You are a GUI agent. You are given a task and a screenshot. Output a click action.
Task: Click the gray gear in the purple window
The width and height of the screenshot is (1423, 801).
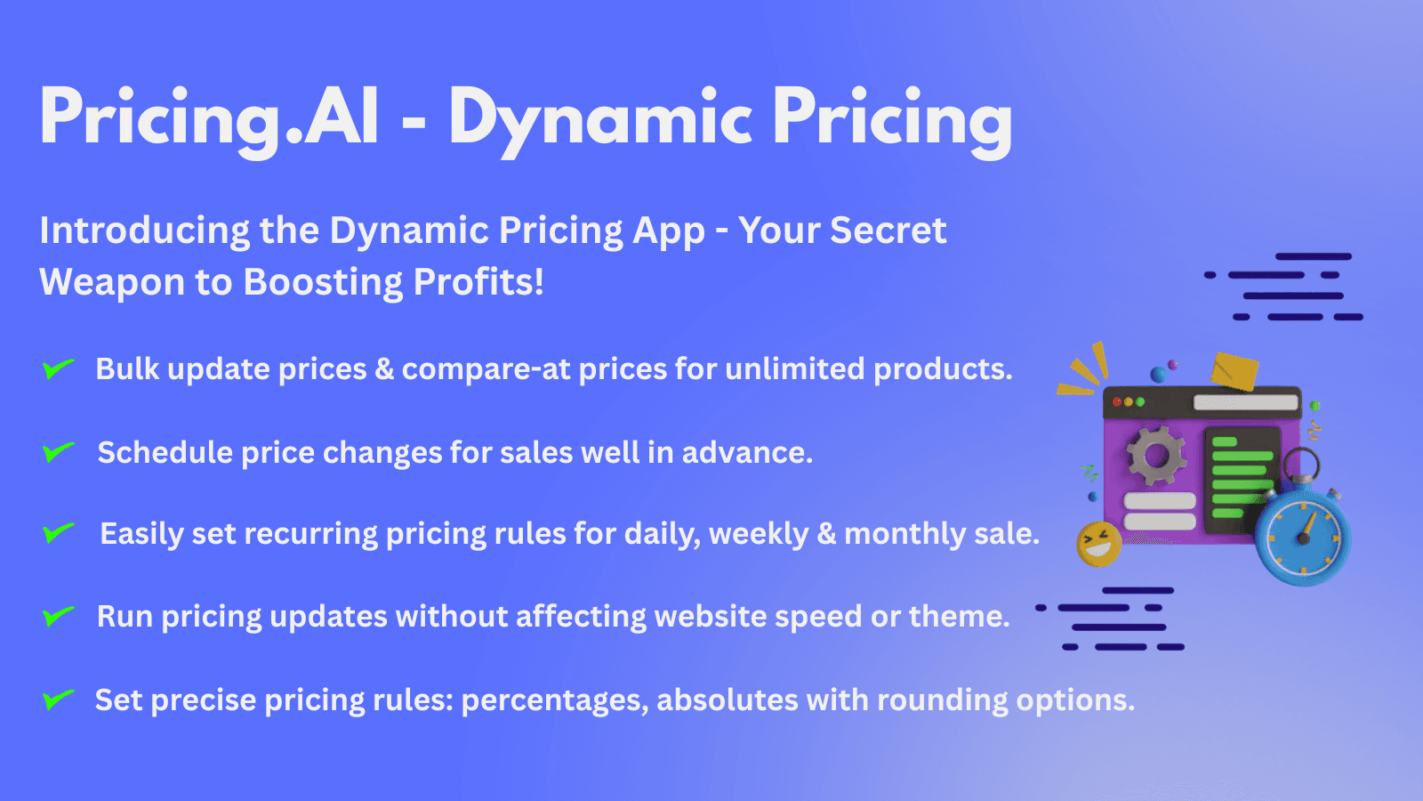1156,456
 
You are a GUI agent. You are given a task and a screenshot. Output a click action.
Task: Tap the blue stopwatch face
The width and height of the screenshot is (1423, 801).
1303,538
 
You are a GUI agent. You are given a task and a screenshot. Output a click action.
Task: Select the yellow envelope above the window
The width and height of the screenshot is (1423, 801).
1234,371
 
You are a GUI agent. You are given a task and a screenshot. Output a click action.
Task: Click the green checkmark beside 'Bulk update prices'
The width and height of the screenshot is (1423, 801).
58,368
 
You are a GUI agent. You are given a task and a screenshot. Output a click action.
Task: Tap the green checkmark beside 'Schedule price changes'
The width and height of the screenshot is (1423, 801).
58,452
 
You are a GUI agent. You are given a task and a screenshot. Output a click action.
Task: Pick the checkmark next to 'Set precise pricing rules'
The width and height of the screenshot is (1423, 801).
58,700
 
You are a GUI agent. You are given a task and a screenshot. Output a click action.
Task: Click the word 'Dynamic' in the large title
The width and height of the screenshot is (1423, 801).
601,118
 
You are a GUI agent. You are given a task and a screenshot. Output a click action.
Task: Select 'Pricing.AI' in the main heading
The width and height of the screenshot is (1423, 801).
210,118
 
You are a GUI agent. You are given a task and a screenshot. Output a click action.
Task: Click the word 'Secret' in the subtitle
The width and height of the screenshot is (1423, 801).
888,231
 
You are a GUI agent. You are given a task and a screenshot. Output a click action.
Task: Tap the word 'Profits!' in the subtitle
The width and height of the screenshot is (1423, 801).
478,282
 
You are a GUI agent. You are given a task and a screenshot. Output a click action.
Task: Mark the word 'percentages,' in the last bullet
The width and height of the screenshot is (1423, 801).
554,700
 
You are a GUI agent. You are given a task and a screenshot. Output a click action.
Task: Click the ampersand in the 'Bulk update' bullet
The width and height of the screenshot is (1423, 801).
384,368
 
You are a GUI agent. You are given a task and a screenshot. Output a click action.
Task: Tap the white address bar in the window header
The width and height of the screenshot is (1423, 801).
1245,402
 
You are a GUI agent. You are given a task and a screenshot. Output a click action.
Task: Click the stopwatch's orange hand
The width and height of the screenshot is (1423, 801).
1306,527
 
